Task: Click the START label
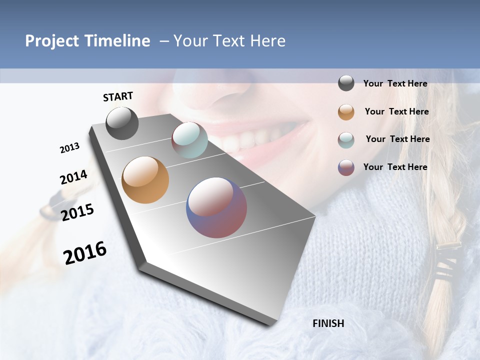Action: (118, 96)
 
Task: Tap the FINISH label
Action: (328, 323)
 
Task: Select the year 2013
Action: (69, 148)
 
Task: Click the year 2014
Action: (73, 177)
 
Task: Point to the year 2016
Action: (85, 253)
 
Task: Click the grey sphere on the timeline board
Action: (122, 123)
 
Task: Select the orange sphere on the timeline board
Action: (145, 180)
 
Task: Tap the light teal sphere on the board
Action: (189, 140)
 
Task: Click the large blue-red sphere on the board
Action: (216, 207)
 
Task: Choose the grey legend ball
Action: (346, 83)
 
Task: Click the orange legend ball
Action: (346, 112)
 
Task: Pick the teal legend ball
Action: (346, 139)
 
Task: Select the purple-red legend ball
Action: (346, 167)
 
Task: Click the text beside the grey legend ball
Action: (395, 83)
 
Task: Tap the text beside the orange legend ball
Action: (396, 111)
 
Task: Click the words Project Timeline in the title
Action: (87, 41)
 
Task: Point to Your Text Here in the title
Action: (229, 41)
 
